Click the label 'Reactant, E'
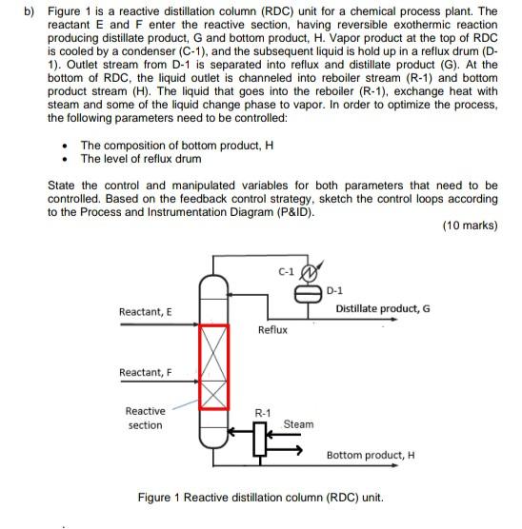pyautogui.click(x=146, y=312)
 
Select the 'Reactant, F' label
pyautogui.click(x=145, y=372)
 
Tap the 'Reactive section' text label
pyautogui.click(x=145, y=418)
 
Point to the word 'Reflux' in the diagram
pyautogui.click(x=271, y=329)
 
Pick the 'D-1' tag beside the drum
pyautogui.click(x=336, y=290)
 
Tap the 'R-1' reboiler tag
pyautogui.click(x=262, y=413)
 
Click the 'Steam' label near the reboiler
pyautogui.click(x=298, y=424)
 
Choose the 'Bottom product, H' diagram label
pyautogui.click(x=371, y=455)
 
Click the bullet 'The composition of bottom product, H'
pyautogui.click(x=176, y=146)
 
